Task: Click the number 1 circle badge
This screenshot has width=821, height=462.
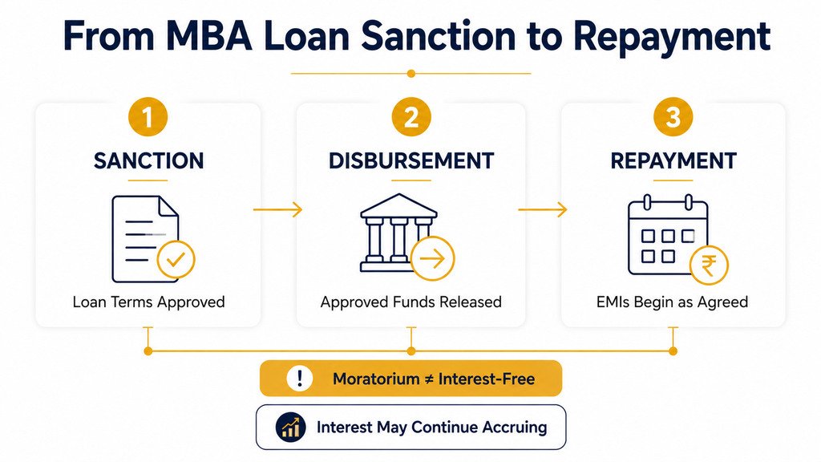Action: click(148, 117)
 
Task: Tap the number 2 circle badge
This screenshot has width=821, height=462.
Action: click(411, 117)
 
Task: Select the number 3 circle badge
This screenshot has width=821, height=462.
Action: click(673, 117)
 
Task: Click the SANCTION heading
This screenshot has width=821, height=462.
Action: click(148, 160)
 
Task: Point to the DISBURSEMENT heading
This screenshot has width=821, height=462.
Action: click(411, 160)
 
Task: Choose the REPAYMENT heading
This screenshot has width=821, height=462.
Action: click(673, 160)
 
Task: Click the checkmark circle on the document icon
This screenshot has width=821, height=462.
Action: click(176, 259)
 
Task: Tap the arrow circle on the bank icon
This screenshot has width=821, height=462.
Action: click(432, 258)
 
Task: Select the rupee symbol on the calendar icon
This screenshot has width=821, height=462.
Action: click(709, 265)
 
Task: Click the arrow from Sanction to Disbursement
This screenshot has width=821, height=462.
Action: click(278, 209)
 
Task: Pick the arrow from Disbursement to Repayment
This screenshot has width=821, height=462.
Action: click(543, 209)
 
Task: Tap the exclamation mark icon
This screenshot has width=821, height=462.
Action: click(300, 379)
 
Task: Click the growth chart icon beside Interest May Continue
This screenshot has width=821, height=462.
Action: click(290, 427)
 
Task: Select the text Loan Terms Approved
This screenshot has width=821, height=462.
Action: click(148, 302)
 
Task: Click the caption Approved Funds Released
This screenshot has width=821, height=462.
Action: click(411, 302)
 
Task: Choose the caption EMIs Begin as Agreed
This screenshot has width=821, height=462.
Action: click(673, 302)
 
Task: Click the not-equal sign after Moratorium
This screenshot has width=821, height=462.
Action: click(429, 379)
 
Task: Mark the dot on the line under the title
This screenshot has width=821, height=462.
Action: click(411, 73)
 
